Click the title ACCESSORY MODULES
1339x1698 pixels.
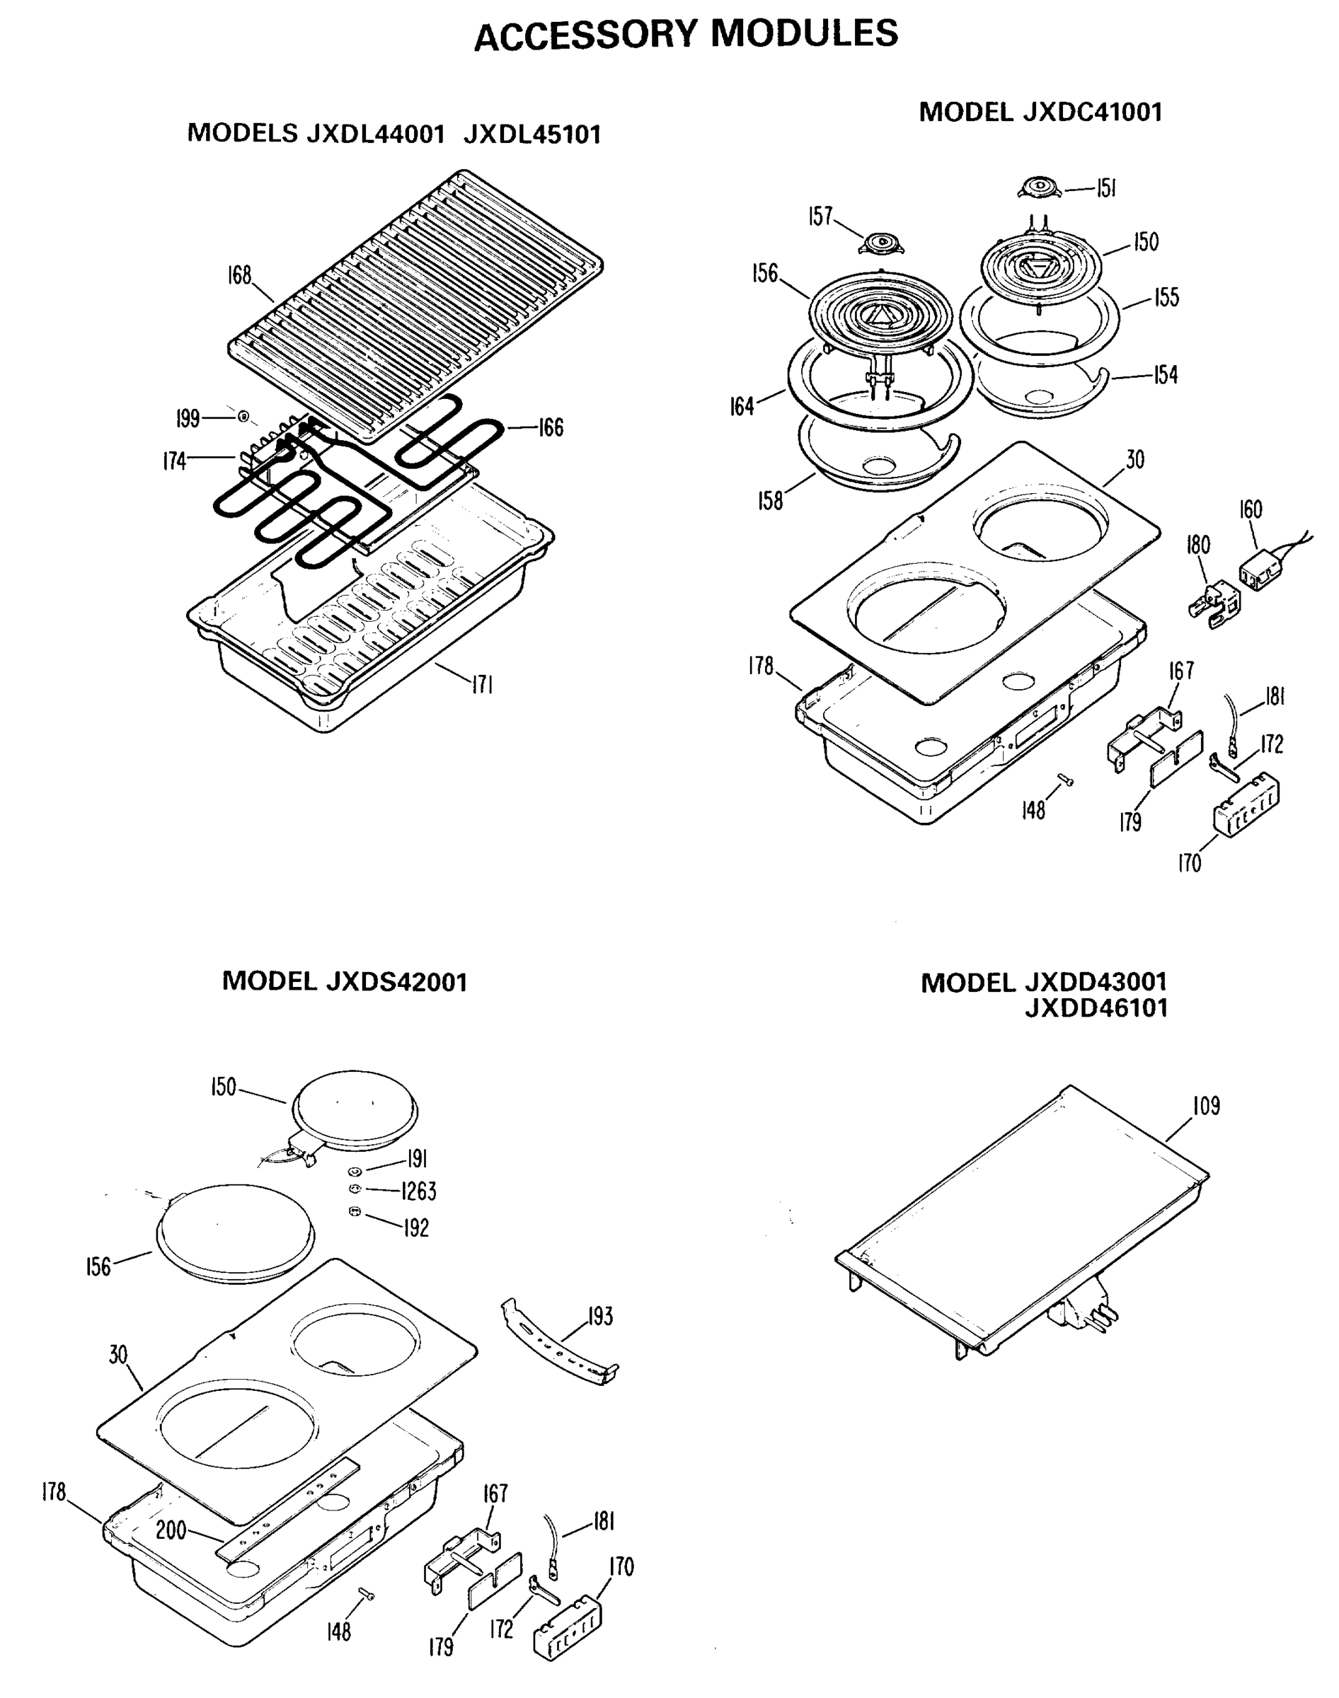(686, 35)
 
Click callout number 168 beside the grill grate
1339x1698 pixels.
(239, 276)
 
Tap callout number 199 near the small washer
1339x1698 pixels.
(188, 420)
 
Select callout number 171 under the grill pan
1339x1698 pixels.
(481, 686)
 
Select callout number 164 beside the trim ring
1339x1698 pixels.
(742, 406)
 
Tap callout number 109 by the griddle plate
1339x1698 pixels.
(1207, 1106)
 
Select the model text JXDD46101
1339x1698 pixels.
(1096, 1008)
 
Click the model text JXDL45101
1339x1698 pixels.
(532, 134)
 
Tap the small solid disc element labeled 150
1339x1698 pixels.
(355, 1110)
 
